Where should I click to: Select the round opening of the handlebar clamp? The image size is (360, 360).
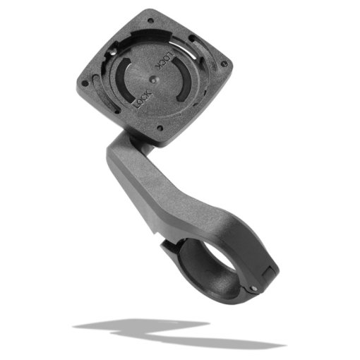tap(205, 265)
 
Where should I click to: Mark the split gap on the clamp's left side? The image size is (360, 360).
tap(167, 244)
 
